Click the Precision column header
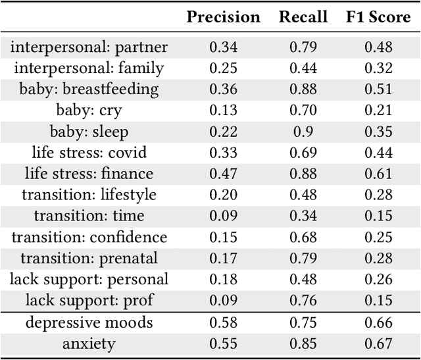tap(223, 17)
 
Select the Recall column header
tap(303, 17)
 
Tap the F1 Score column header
tap(378, 17)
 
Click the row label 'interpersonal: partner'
tap(89, 47)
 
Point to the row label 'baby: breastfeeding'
tap(89, 90)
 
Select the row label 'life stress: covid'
tap(89, 153)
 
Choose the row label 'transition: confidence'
tap(89, 237)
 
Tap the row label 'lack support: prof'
tap(89, 300)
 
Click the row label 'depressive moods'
tap(89, 322)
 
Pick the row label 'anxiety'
tap(89, 344)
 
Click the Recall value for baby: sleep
tap(303, 132)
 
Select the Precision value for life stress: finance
tap(223, 174)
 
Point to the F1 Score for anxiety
tap(378, 344)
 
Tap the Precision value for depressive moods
tap(223, 322)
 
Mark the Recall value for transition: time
tap(303, 216)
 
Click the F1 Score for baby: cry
tap(378, 111)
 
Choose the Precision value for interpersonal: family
tap(223, 68)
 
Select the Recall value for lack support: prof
tap(303, 300)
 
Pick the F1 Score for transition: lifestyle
tap(378, 195)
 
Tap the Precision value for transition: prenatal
tap(223, 258)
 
